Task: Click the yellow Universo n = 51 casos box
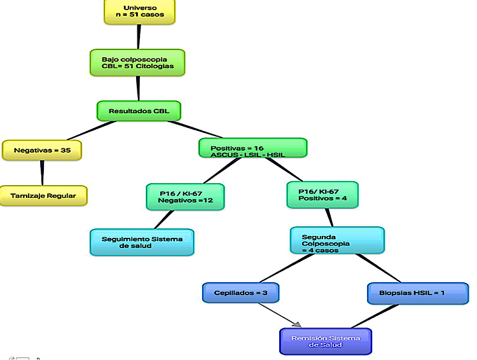click(x=139, y=11)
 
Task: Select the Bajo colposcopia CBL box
click(x=137, y=62)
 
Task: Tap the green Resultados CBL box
click(x=139, y=111)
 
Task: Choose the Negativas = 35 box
click(x=42, y=150)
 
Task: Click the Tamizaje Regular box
click(x=43, y=196)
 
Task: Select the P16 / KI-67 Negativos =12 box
click(x=185, y=197)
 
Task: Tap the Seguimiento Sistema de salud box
click(x=142, y=242)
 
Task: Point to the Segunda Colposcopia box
click(x=337, y=240)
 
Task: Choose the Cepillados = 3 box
click(x=241, y=293)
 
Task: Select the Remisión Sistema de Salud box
click(x=326, y=341)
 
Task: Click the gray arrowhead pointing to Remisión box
click(x=296, y=324)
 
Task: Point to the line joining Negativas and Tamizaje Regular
click(x=43, y=172)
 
